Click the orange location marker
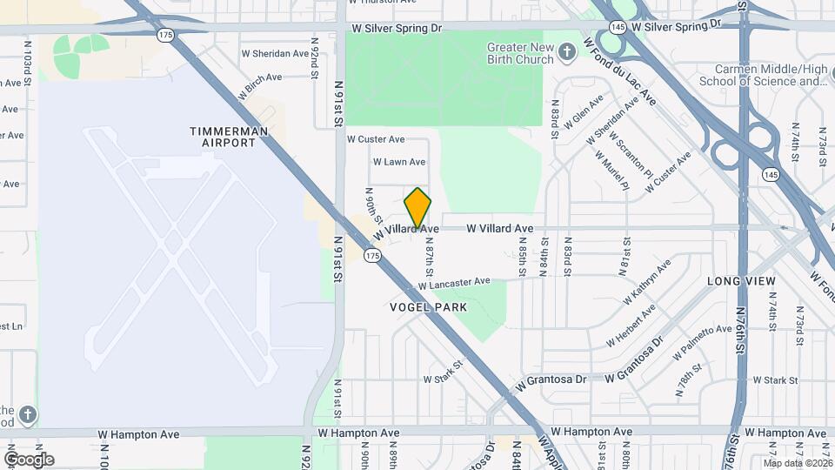(418, 208)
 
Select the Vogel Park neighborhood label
(428, 307)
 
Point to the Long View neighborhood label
(741, 281)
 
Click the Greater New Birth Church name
(520, 53)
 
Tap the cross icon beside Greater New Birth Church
(567, 54)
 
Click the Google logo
(29, 459)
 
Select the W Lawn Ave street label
(398, 162)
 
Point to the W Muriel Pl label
(611, 169)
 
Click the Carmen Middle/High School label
(770, 75)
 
